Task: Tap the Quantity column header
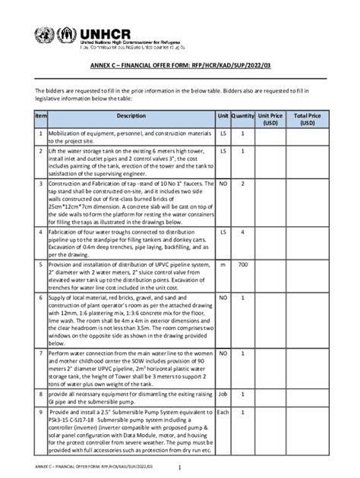click(243, 116)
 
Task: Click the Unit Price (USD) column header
click(270, 119)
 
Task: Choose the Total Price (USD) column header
click(307, 119)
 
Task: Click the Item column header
click(41, 116)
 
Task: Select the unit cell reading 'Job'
click(223, 395)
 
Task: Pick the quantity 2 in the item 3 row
click(243, 184)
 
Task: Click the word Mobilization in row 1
click(71, 133)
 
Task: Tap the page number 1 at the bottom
click(179, 467)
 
